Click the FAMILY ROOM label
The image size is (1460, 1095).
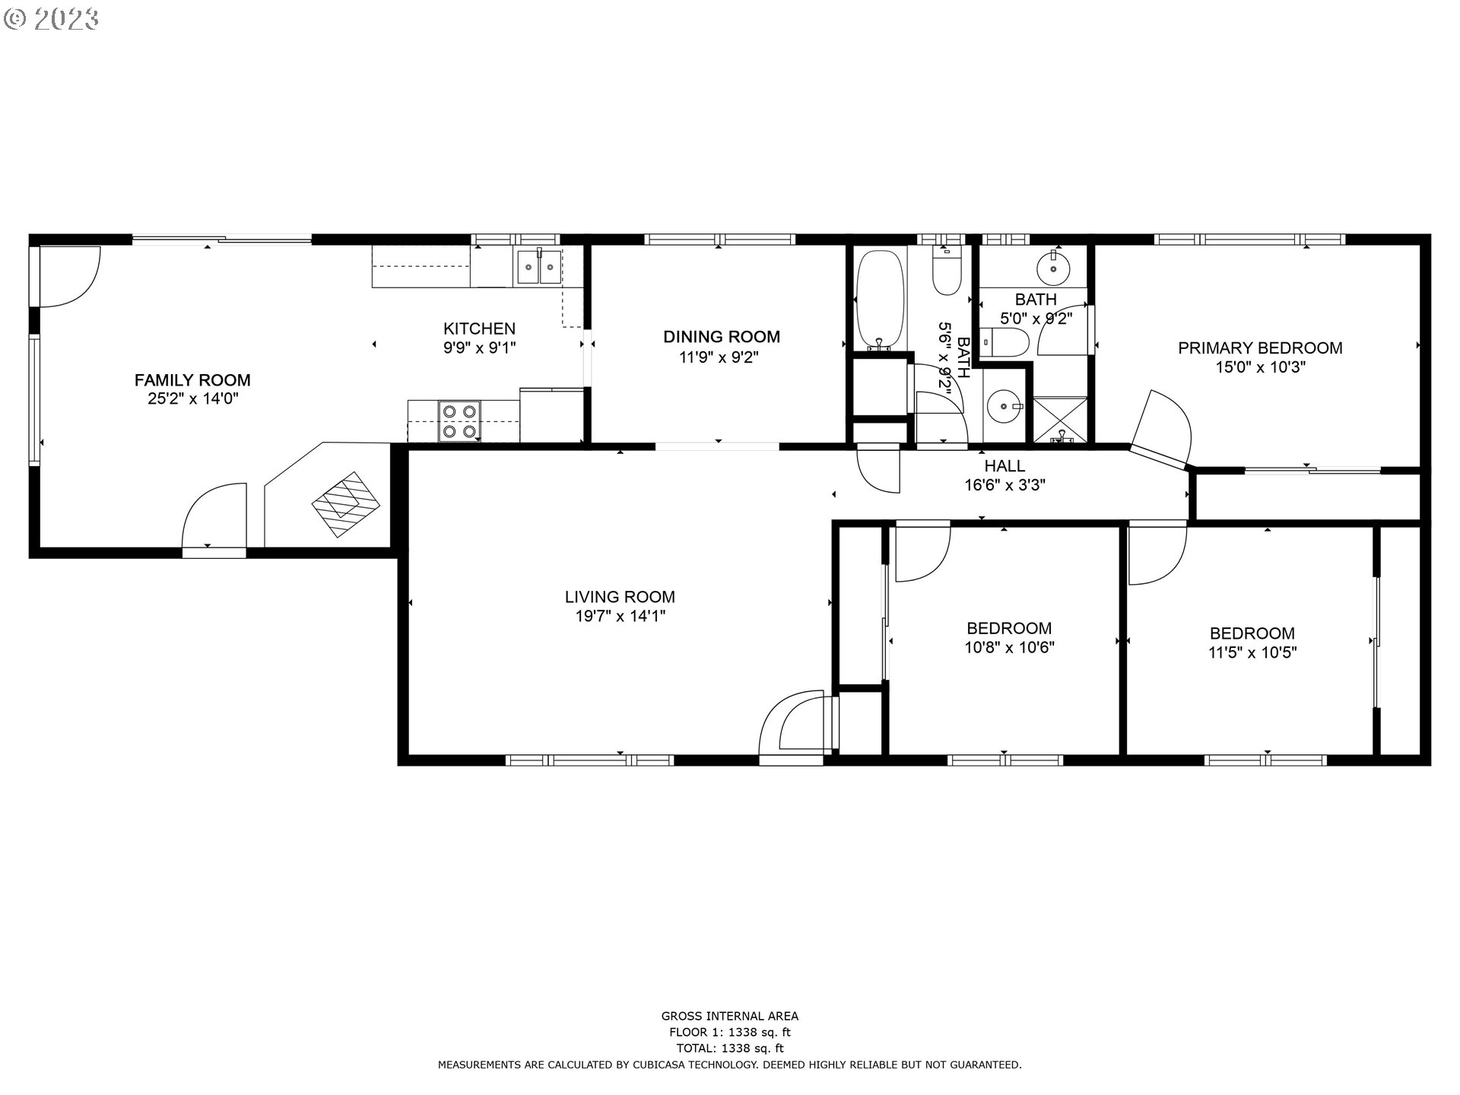click(192, 379)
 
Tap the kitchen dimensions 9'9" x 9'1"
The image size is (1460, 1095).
click(479, 348)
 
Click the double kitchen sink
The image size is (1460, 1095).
click(539, 267)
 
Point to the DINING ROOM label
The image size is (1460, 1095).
click(721, 336)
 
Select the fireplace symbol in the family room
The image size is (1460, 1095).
click(346, 504)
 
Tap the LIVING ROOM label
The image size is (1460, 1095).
click(620, 597)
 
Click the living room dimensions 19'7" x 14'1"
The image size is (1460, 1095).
click(620, 617)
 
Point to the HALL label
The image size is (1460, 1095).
click(1005, 465)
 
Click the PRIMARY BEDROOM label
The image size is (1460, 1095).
click(1260, 348)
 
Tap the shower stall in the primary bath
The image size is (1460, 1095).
click(1062, 419)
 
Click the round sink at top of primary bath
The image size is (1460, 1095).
click(1053, 267)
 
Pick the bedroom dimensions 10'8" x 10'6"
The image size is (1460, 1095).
click(1009, 648)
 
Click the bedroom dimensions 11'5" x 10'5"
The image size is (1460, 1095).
click(1252, 652)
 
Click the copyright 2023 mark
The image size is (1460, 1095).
click(51, 19)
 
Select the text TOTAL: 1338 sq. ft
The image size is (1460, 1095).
click(729, 1049)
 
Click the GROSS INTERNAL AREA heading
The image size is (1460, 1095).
click(729, 1016)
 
